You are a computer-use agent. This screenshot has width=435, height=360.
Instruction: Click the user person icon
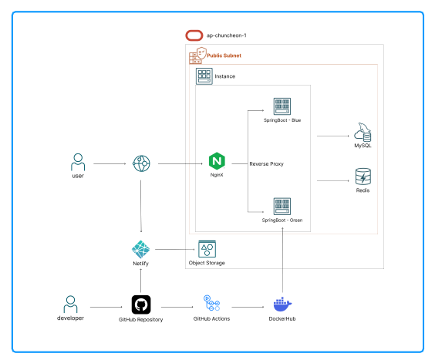click(x=77, y=163)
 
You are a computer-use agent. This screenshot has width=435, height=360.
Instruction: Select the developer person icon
click(x=71, y=303)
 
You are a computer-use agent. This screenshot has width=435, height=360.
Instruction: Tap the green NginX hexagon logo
click(x=217, y=162)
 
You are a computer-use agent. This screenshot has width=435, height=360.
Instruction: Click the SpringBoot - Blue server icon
click(x=282, y=107)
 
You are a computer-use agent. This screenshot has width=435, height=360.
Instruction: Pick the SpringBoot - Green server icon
click(x=282, y=206)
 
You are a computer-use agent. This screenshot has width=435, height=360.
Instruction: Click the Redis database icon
click(x=362, y=177)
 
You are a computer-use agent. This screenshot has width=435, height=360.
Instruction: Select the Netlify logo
click(x=140, y=249)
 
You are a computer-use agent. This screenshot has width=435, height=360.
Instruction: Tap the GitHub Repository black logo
click(x=140, y=304)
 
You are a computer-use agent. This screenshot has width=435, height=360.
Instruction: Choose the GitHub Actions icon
click(x=211, y=303)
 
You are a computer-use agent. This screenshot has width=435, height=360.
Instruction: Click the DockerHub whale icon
click(x=283, y=304)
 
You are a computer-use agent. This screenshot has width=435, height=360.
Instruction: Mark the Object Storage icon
click(x=207, y=248)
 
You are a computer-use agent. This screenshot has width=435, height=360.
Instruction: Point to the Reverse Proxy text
click(x=266, y=164)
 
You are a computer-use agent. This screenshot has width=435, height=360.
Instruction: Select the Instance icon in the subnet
click(x=204, y=76)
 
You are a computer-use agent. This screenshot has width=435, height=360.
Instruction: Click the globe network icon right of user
click(x=140, y=163)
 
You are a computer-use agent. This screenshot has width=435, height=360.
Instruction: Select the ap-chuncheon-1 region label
click(x=226, y=35)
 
